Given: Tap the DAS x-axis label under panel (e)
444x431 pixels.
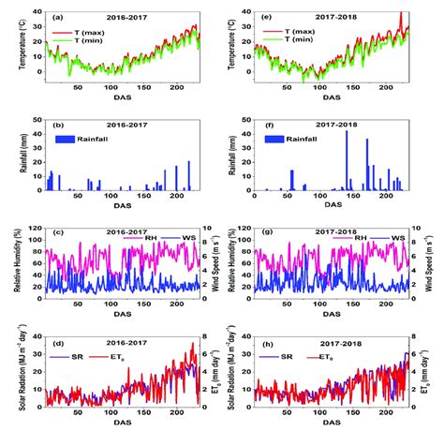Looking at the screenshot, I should (x=332, y=97).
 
